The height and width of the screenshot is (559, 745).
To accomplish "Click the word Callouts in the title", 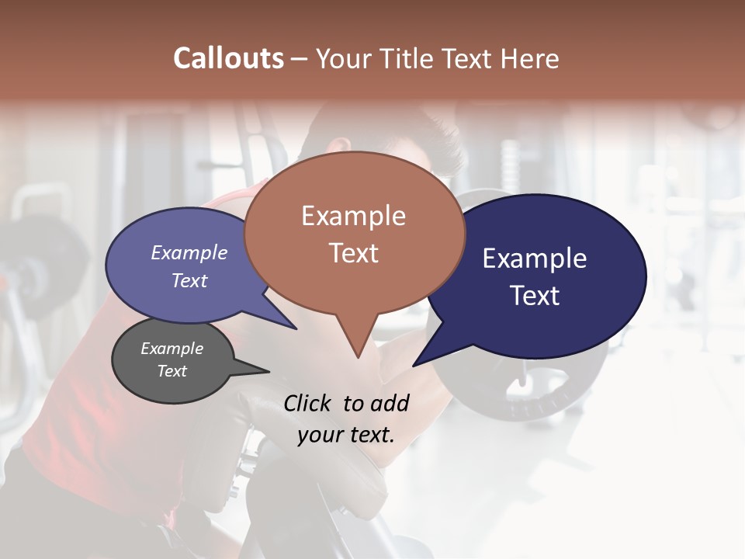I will [x=228, y=58].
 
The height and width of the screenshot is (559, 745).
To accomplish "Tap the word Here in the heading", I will [x=531, y=58].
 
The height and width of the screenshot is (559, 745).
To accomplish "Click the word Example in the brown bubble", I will [x=353, y=216].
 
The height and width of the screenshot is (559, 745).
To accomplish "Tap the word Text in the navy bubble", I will [x=535, y=296].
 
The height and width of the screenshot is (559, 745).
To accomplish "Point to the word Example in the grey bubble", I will [x=172, y=349].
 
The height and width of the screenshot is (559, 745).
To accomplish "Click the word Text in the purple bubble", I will [x=189, y=280].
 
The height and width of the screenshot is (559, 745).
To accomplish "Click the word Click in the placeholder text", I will [x=307, y=403].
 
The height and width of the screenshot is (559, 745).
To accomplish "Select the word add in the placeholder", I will [x=389, y=403].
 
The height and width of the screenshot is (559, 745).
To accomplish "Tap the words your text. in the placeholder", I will [x=345, y=435].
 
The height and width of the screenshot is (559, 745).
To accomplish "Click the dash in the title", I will [x=300, y=58].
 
